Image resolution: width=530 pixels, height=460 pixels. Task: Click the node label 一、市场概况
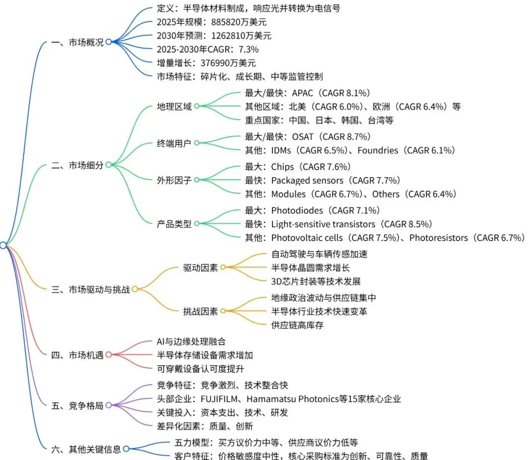coord(78,42)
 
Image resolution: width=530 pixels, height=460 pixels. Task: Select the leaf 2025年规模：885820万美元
coord(211,22)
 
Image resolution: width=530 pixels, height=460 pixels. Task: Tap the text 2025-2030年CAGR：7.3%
coord(208,49)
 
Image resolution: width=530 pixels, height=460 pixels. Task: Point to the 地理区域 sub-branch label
coord(174,106)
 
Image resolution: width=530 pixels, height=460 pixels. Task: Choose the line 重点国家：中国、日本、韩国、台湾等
coord(319,120)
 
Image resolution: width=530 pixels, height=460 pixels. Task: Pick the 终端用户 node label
coord(174,143)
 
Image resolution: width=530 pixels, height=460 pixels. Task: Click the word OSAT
coord(304,136)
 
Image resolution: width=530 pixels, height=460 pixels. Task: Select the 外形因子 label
coord(174,180)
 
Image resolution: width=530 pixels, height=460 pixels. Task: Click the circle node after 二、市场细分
coord(108,165)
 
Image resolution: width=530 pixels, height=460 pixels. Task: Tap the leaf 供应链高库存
coord(297,325)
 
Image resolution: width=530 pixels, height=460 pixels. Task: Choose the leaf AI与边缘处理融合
coord(191,341)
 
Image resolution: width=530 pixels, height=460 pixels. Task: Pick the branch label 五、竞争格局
coord(78,406)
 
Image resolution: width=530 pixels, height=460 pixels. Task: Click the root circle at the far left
coord(3,245)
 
